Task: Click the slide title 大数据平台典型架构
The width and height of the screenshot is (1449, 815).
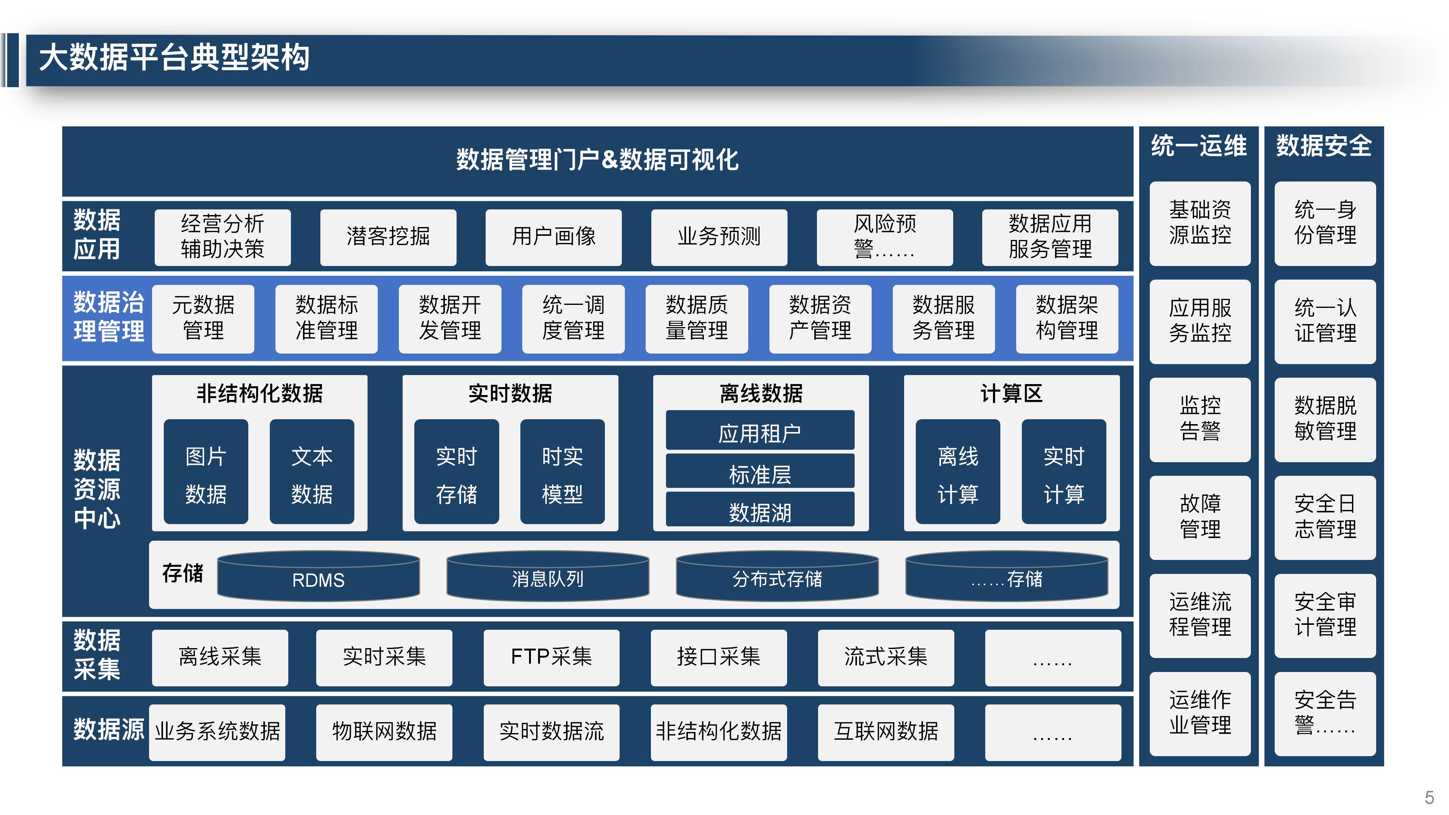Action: tap(174, 58)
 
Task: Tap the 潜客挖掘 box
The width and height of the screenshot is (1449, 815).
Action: tap(388, 237)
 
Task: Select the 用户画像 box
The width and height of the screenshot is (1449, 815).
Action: tap(554, 237)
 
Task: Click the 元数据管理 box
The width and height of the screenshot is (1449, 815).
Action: tap(203, 318)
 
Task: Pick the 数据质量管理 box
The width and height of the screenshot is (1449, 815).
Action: tap(696, 318)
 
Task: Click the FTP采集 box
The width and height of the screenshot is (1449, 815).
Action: tap(551, 657)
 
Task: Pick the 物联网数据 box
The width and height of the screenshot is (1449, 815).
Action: tap(384, 732)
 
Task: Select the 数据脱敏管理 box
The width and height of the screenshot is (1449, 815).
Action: tap(1325, 419)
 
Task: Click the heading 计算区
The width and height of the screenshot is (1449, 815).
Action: tap(1011, 393)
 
